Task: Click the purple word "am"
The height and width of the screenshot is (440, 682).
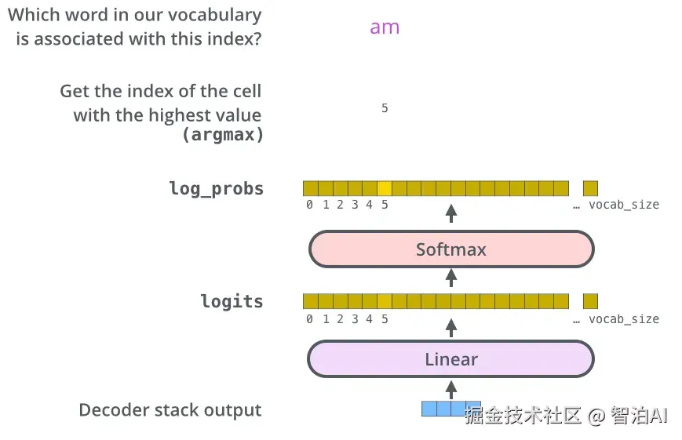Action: [x=385, y=27]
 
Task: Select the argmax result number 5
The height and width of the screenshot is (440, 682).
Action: [x=385, y=107]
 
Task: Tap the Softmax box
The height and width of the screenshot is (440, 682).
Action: [x=451, y=249]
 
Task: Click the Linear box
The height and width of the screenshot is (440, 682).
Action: [x=451, y=359]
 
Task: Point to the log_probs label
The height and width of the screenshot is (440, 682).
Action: [x=216, y=189]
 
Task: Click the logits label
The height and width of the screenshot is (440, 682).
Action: [x=232, y=301]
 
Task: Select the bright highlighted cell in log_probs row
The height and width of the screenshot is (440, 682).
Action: [x=385, y=188]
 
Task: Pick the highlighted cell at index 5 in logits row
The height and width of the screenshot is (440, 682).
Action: [x=385, y=301]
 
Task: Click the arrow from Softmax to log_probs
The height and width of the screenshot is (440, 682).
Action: [x=451, y=213]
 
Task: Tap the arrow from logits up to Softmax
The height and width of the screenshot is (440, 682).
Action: [x=451, y=278]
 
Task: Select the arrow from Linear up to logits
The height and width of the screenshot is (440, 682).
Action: [x=451, y=328]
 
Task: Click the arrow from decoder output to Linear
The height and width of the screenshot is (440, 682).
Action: [x=451, y=390]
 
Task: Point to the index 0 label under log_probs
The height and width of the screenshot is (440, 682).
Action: [x=309, y=205]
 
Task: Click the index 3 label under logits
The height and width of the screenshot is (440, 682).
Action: [x=355, y=319]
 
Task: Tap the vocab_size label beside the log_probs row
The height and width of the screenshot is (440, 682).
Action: [x=624, y=205]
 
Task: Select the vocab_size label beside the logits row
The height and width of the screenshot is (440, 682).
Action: [x=624, y=319]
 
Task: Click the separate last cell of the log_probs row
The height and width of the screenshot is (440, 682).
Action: [x=590, y=188]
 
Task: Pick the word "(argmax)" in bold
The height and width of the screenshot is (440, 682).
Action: [x=223, y=134]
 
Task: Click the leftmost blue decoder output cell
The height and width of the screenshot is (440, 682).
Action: [x=429, y=409]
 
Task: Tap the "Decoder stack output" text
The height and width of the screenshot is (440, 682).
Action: [x=170, y=410]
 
